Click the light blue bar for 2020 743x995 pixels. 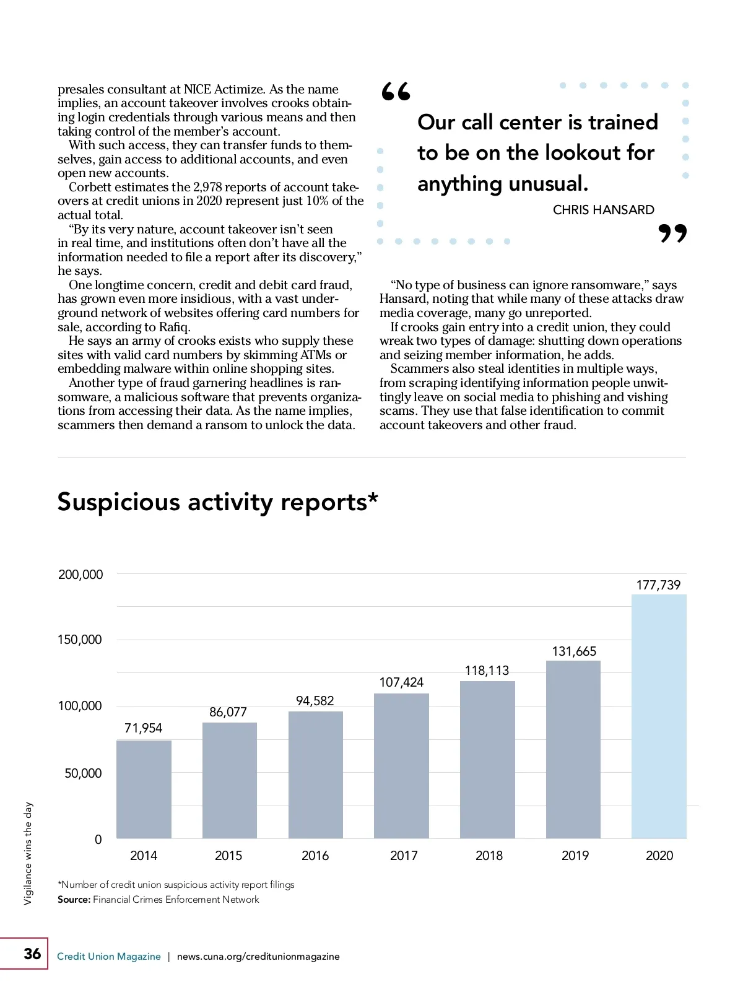click(659, 716)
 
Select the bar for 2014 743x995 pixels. click(144, 789)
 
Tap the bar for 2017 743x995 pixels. click(401, 766)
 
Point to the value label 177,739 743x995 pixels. click(658, 585)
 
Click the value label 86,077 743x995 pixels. click(228, 712)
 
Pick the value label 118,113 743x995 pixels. click(487, 671)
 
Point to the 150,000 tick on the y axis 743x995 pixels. click(80, 640)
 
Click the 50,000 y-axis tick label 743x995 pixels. click(83, 773)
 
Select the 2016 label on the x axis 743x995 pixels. click(315, 856)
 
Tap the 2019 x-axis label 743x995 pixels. click(575, 856)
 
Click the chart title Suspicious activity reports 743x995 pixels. click(217, 502)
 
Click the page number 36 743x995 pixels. click(32, 954)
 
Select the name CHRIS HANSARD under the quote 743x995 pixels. click(603, 210)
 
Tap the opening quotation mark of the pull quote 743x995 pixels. click(396, 92)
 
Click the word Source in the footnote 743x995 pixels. click(74, 900)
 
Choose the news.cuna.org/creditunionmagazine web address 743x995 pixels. click(258, 957)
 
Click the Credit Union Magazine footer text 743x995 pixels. click(109, 957)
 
